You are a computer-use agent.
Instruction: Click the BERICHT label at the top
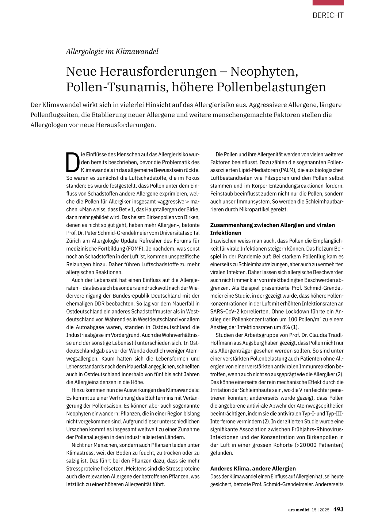[x=328, y=15]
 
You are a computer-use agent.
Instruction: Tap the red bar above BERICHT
[x=328, y=3]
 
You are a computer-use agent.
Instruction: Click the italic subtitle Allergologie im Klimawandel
[x=112, y=52]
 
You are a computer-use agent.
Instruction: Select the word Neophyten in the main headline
[x=264, y=71]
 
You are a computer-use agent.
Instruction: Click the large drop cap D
[x=73, y=163]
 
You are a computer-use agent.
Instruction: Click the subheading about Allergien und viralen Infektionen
[x=272, y=229]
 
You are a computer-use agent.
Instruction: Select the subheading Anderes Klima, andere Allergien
[x=253, y=468]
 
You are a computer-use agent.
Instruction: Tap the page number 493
[x=338, y=509]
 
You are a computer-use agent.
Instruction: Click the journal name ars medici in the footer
[x=298, y=510]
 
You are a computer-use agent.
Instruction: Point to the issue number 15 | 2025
[x=320, y=510]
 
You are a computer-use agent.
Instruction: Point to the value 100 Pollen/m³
[x=304, y=319]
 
